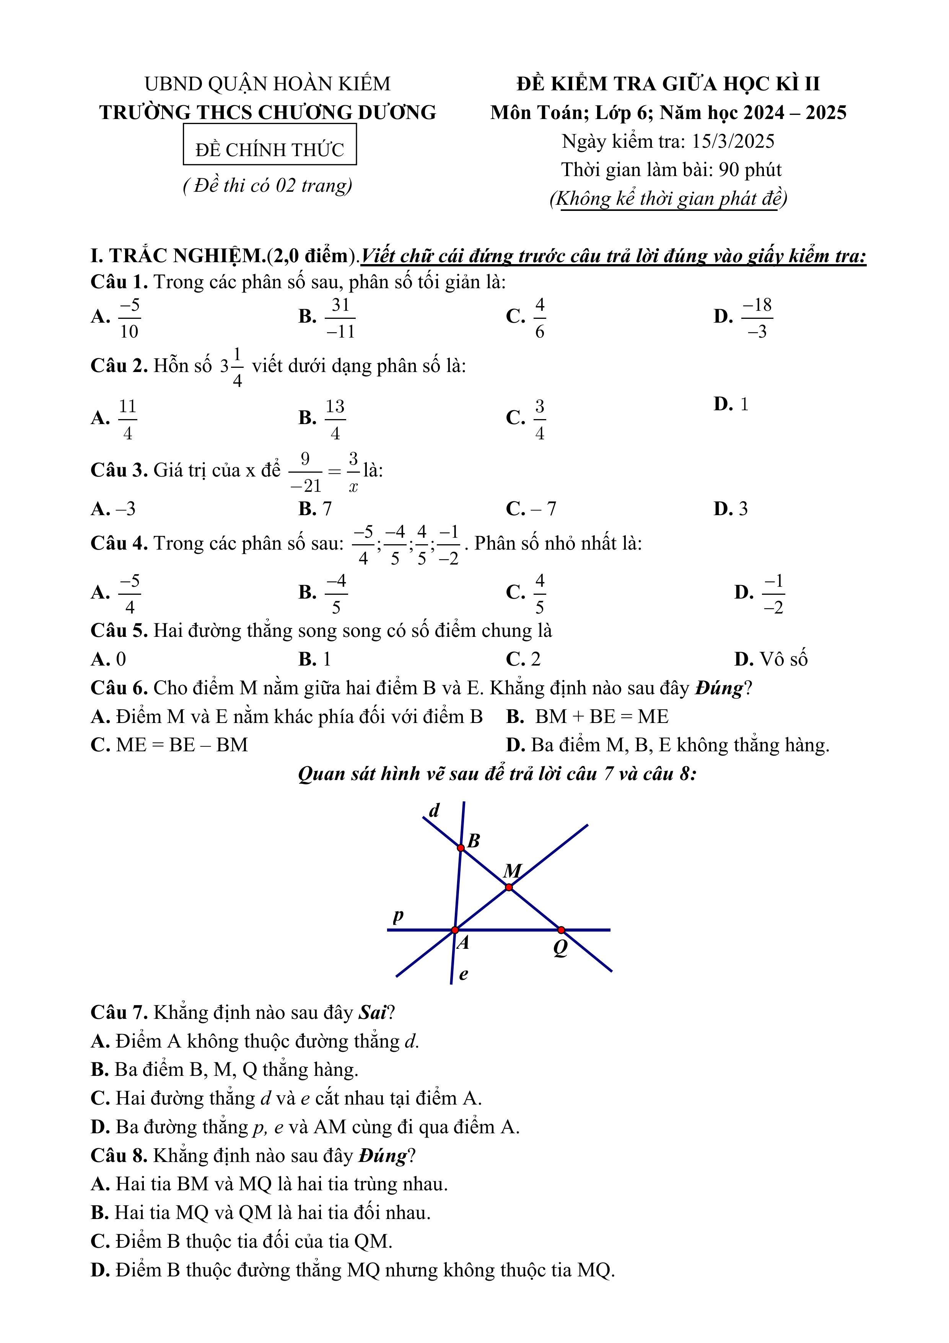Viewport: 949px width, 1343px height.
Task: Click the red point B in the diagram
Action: tap(461, 848)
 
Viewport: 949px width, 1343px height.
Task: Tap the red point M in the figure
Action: tap(509, 887)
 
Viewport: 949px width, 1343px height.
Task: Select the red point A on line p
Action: tap(455, 930)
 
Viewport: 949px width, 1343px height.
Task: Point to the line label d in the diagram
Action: tap(434, 811)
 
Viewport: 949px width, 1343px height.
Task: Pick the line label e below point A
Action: tap(463, 974)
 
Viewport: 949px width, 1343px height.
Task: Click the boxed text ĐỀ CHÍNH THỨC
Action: tap(270, 150)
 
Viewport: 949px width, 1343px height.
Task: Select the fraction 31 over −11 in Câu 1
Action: tap(340, 318)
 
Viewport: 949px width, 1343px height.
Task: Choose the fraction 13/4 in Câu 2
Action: tap(335, 419)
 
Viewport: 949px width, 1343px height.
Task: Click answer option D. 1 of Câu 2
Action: tap(731, 404)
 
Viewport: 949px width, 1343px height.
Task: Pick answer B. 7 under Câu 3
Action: tap(315, 509)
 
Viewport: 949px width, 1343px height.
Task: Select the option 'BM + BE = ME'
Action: tap(602, 716)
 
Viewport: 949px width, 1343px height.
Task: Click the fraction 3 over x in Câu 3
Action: tap(353, 472)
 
